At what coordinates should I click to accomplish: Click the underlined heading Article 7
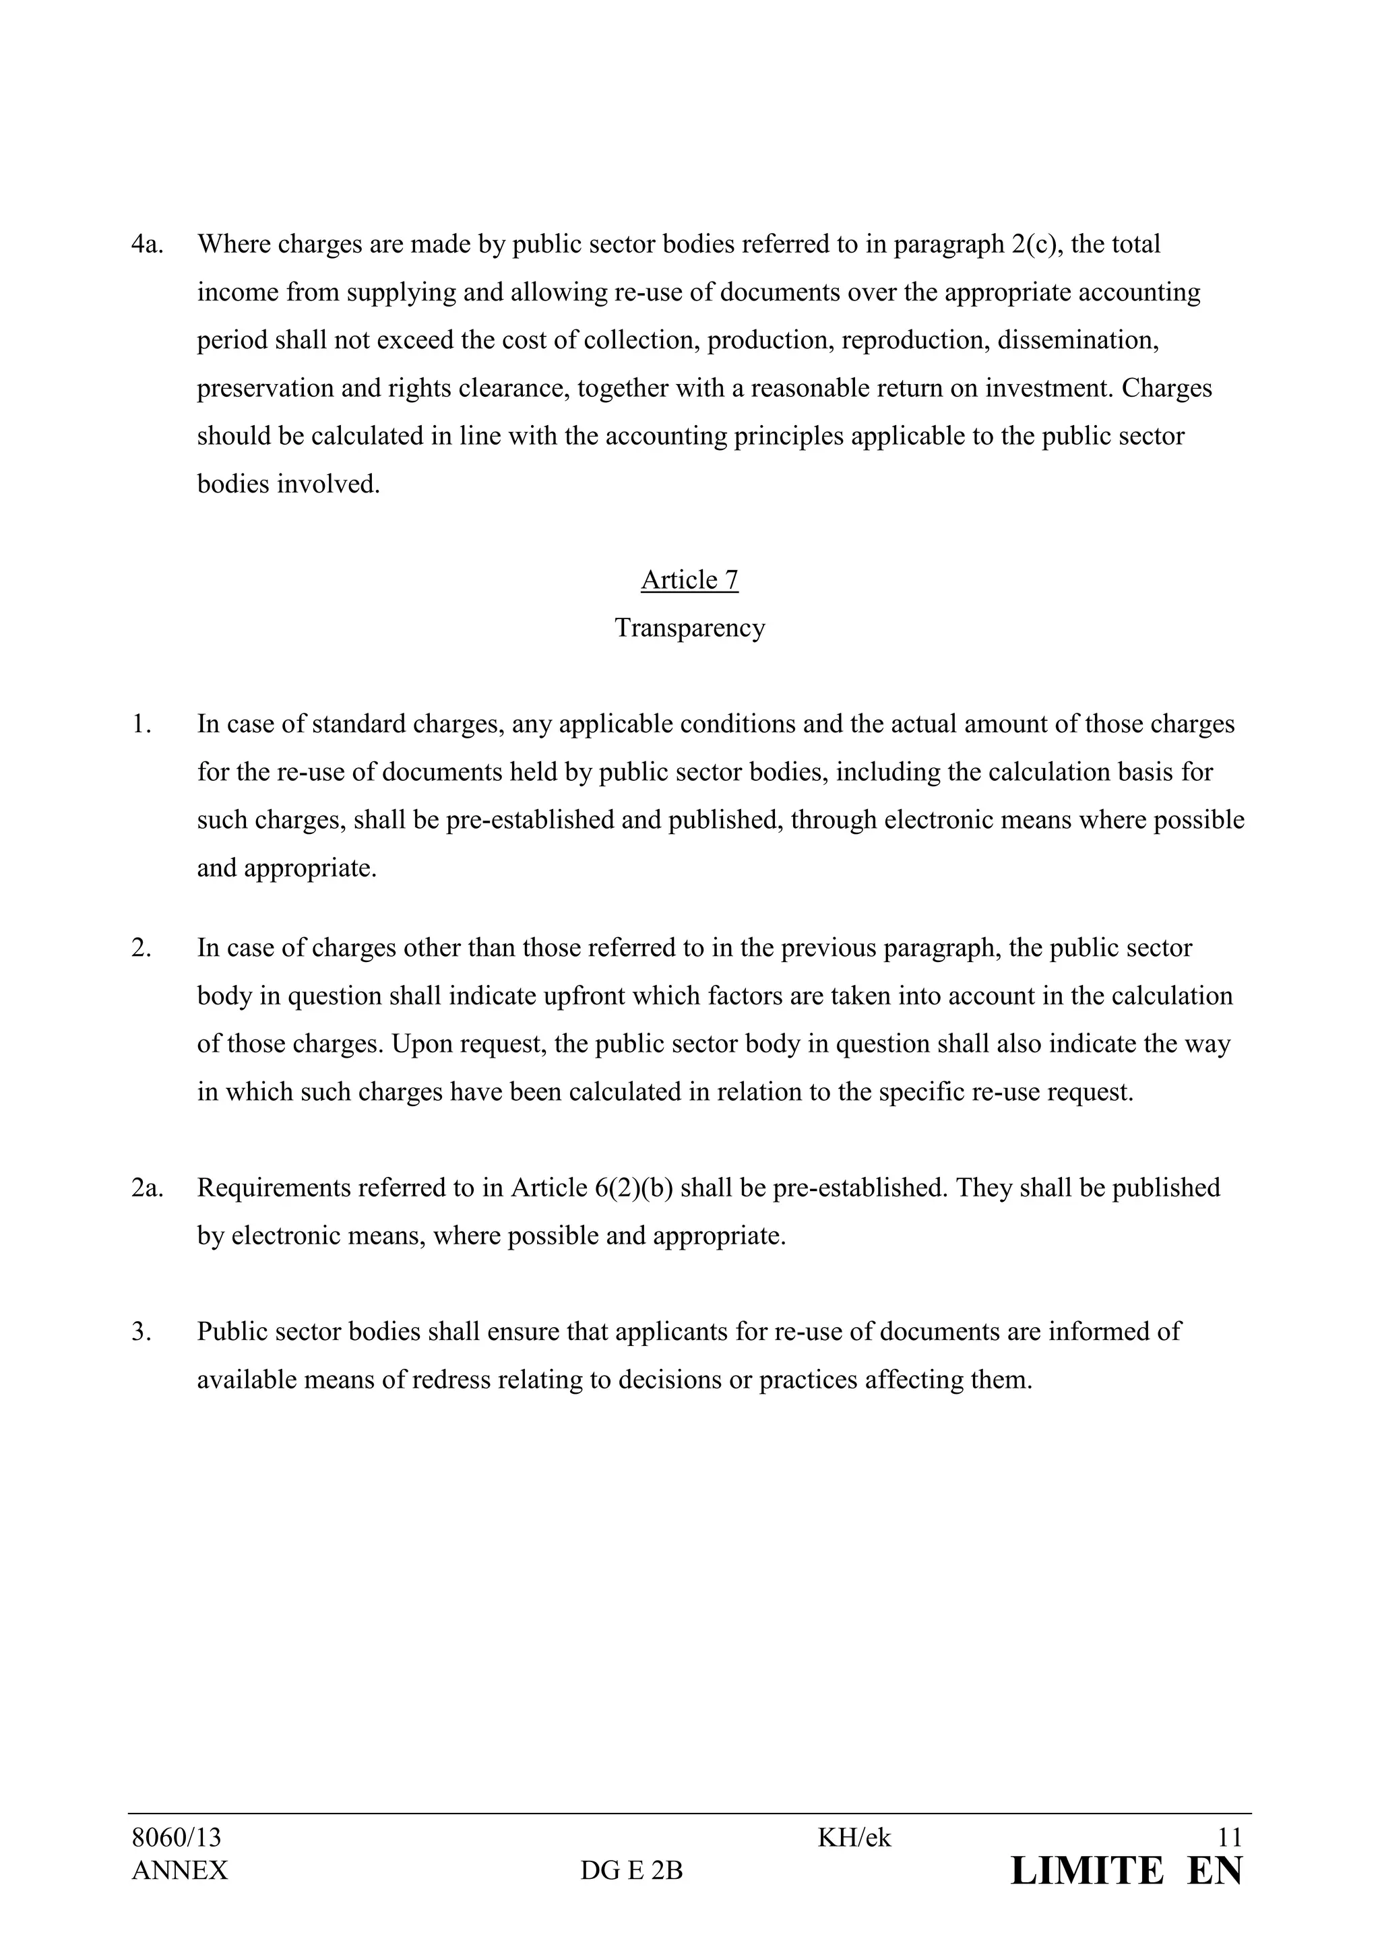tap(689, 580)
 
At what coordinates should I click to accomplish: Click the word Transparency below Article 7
tap(689, 629)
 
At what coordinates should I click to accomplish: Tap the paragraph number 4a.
tap(146, 245)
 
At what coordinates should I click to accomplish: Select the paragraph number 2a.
tap(146, 1188)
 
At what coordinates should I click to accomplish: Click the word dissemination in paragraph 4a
tap(1077, 341)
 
